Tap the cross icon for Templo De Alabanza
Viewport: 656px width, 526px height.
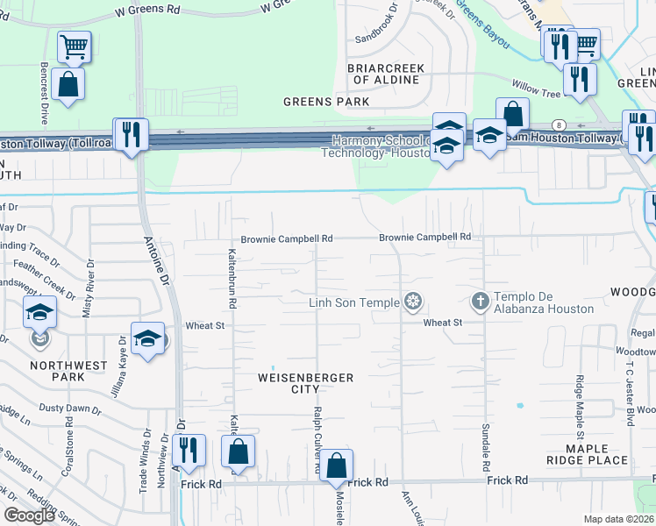coord(480,302)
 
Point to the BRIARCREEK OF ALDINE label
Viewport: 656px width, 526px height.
coord(386,74)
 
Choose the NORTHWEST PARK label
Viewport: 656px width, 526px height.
coord(68,371)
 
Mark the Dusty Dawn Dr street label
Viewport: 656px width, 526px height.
coord(70,409)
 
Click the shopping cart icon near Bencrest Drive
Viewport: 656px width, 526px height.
coord(75,46)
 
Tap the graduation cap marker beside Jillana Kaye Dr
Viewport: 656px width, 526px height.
coord(148,339)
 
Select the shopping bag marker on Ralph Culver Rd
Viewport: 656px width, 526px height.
coord(336,466)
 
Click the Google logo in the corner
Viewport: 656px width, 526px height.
coord(30,515)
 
